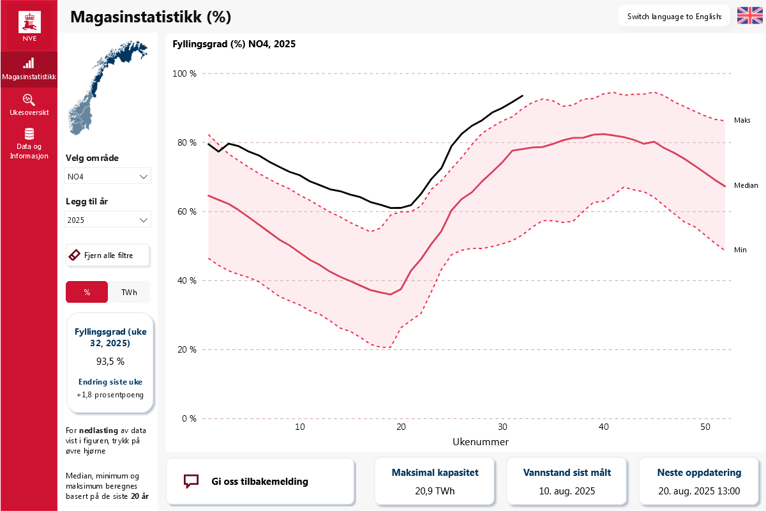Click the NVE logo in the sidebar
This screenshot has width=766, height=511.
click(29, 26)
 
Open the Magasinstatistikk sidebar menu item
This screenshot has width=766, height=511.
click(29, 70)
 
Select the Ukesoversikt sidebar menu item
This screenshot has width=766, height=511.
click(29, 105)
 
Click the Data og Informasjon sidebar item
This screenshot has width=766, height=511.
click(29, 144)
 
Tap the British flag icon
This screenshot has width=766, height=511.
click(749, 16)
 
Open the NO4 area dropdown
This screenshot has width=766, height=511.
click(107, 176)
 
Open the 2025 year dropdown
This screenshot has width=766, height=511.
click(107, 219)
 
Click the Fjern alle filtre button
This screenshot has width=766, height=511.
click(108, 256)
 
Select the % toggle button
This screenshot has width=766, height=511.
click(87, 292)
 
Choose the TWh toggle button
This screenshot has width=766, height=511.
click(129, 292)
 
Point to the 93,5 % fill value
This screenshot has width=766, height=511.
click(110, 362)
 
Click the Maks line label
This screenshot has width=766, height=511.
click(742, 120)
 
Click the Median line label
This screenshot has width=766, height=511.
click(746, 185)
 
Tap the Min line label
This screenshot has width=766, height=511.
click(740, 250)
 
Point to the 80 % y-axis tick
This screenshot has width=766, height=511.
click(186, 142)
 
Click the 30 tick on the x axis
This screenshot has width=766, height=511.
click(502, 427)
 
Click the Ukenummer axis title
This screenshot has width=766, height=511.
click(481, 442)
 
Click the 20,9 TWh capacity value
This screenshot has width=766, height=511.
click(435, 491)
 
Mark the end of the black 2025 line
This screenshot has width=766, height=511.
click(523, 96)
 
